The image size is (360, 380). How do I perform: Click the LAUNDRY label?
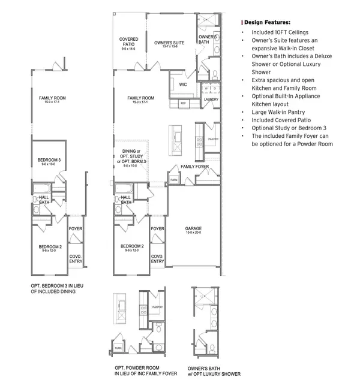pyautogui.click(x=211, y=99)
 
